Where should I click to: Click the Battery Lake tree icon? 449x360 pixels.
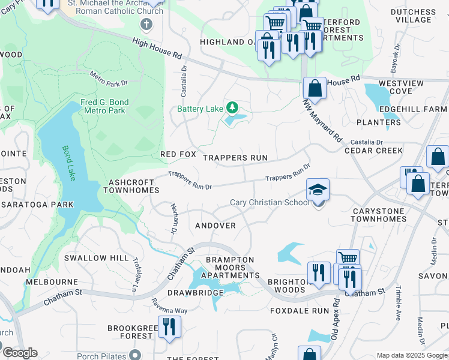tap(232, 108)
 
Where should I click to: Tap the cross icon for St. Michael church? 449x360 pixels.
tap(146, 25)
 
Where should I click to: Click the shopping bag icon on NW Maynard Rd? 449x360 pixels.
tap(314, 89)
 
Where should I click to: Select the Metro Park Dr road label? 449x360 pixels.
tap(109, 78)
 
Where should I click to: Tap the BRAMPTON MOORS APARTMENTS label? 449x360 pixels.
tap(229, 268)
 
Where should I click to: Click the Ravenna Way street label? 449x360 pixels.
tap(169, 306)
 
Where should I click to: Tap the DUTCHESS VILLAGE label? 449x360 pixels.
tap(413, 16)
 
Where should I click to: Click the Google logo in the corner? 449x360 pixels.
tap(20, 353)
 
